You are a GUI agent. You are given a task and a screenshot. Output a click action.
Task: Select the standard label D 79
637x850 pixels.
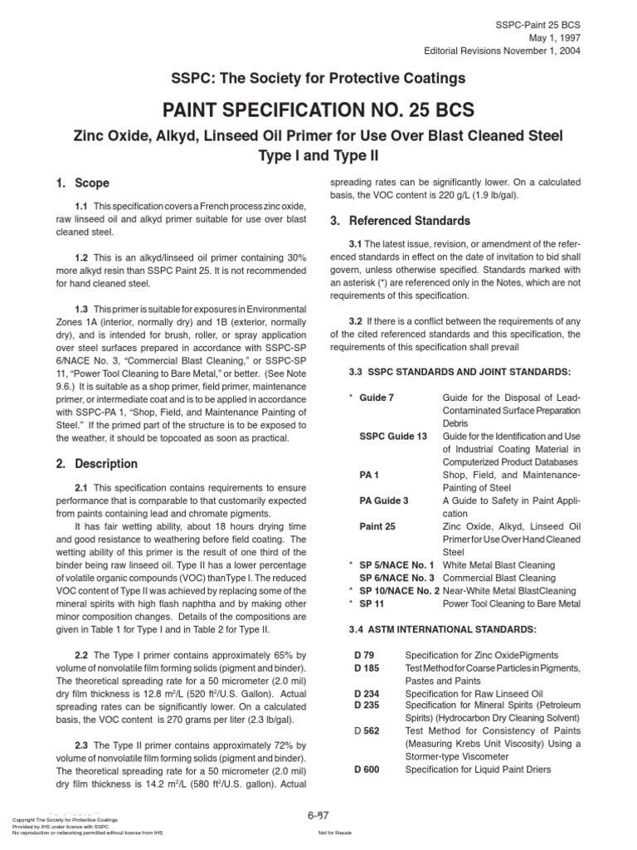(x=364, y=656)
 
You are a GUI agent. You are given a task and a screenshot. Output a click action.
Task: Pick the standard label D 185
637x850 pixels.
(x=367, y=668)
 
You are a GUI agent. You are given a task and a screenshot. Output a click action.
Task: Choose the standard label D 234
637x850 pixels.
(x=367, y=693)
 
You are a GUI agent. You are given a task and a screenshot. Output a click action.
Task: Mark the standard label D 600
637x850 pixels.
(x=367, y=769)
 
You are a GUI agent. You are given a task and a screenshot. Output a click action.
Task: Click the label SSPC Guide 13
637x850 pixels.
(x=393, y=436)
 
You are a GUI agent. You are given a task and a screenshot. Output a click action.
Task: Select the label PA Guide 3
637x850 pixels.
(x=384, y=501)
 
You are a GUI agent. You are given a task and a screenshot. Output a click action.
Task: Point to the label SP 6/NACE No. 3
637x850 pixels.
(x=397, y=577)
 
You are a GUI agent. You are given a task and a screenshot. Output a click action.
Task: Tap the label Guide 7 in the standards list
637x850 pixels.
(x=377, y=398)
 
